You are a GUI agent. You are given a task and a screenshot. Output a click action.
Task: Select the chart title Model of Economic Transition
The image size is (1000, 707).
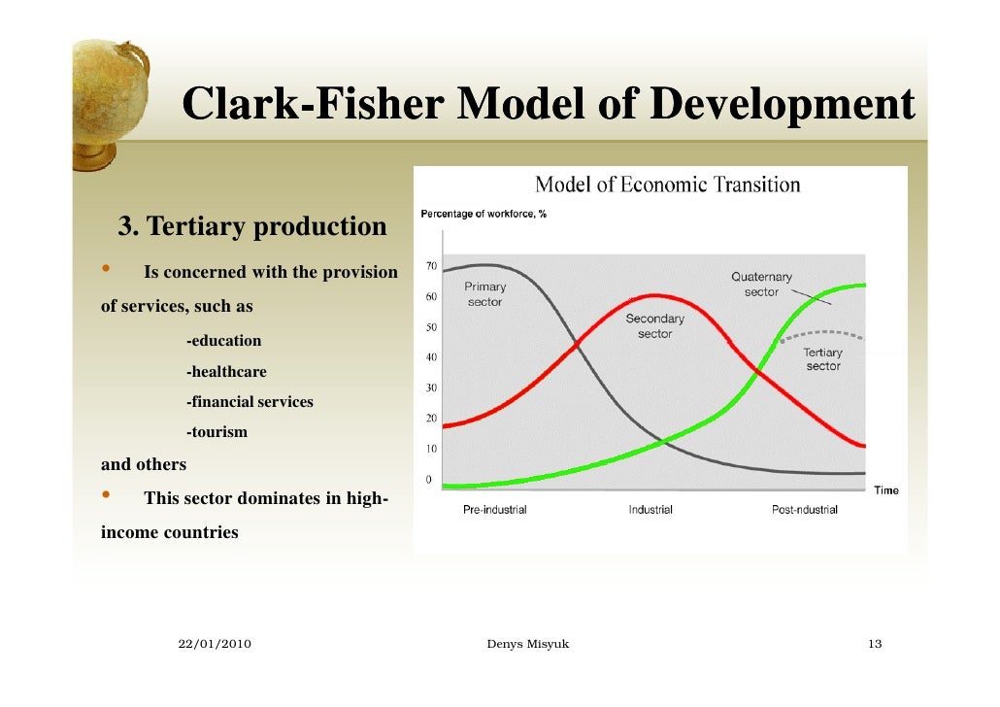click(668, 185)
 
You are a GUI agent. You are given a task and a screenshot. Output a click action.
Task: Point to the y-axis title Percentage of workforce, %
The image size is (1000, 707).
click(483, 215)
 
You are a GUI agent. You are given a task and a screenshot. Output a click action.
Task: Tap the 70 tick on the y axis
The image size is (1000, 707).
click(431, 265)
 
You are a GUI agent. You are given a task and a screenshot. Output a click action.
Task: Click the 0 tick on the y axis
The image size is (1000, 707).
click(429, 480)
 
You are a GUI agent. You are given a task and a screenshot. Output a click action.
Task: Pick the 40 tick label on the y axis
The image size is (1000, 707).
click(431, 357)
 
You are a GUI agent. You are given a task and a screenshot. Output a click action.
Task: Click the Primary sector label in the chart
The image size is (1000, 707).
click(484, 294)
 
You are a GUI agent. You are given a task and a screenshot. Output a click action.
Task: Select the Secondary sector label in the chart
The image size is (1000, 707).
click(654, 325)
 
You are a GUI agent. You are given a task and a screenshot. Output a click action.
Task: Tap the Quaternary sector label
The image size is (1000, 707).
click(761, 284)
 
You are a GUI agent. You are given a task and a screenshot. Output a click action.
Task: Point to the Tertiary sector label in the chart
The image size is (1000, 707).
click(822, 359)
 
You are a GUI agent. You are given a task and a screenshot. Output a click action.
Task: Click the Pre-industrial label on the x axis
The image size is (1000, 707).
click(494, 510)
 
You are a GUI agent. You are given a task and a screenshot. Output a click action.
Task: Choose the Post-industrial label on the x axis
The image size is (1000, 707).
click(804, 510)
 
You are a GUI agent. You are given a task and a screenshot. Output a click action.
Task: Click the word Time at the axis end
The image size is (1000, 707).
click(885, 490)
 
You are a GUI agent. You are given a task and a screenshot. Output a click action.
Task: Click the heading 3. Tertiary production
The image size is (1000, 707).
click(252, 227)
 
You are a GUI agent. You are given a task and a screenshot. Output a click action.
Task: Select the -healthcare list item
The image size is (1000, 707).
click(226, 372)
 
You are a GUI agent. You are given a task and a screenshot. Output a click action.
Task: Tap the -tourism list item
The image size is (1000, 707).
click(217, 432)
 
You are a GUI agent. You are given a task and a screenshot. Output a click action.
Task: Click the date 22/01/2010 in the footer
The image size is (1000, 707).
click(216, 645)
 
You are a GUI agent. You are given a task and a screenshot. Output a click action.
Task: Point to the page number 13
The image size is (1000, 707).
click(875, 645)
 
